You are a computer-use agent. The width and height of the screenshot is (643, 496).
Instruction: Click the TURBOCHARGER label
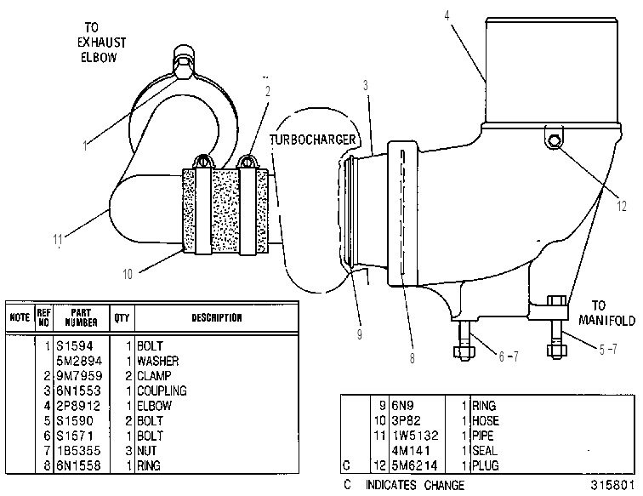click(313, 140)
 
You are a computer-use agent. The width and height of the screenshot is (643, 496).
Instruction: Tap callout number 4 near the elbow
click(447, 15)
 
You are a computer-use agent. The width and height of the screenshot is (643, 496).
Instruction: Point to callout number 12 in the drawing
click(622, 206)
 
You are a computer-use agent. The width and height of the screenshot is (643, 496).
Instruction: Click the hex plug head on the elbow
click(555, 140)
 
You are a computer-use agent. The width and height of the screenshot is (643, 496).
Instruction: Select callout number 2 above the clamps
click(268, 91)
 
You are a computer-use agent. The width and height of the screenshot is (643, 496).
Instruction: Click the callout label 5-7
click(608, 350)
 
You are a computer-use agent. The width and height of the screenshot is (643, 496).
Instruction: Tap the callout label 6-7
click(509, 356)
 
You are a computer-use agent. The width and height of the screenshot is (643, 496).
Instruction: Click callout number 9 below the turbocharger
click(360, 334)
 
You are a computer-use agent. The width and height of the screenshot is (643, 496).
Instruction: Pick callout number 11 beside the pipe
click(58, 239)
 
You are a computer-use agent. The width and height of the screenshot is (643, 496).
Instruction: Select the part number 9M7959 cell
click(80, 376)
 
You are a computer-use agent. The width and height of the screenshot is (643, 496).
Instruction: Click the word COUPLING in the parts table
click(162, 391)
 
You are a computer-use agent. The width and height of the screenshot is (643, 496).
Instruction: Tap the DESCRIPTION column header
click(217, 317)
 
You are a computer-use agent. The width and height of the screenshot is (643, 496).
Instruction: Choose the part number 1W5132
click(415, 436)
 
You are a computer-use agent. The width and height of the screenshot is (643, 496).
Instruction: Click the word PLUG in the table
click(486, 465)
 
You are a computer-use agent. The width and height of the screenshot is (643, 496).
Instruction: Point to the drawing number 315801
click(612, 485)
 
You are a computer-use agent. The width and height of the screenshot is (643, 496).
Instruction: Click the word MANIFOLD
click(607, 321)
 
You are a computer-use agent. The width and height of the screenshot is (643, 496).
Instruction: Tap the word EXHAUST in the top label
click(102, 43)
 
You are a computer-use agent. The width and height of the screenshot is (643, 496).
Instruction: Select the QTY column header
click(122, 317)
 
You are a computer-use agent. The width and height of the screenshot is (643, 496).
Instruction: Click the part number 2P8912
click(78, 406)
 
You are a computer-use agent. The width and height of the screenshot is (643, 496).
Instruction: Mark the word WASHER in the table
click(158, 361)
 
